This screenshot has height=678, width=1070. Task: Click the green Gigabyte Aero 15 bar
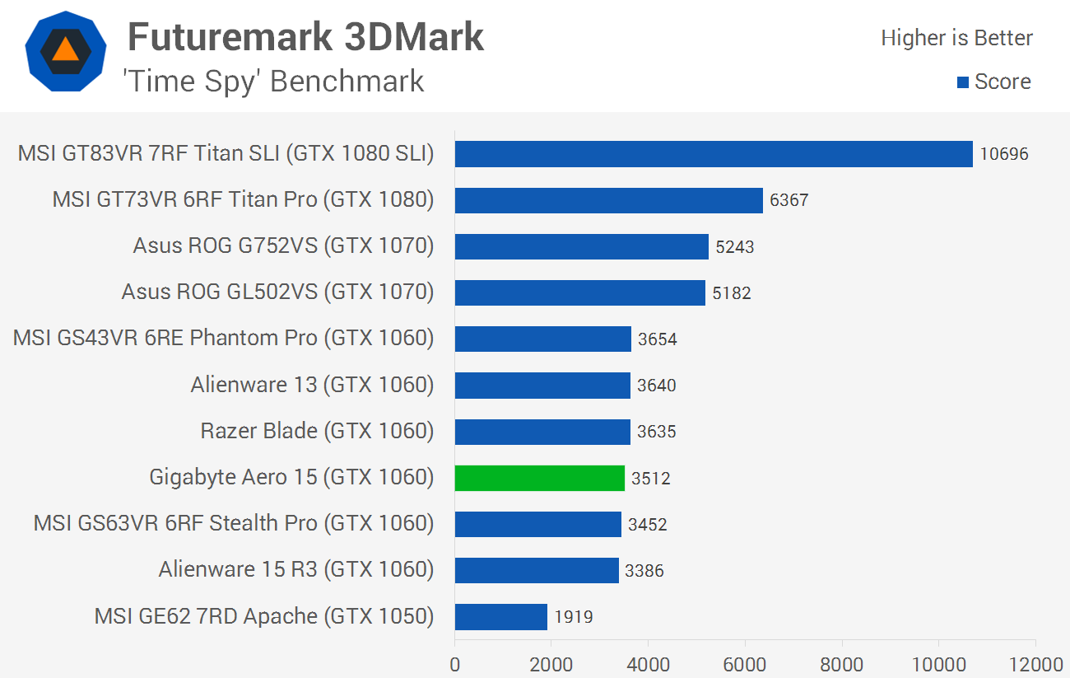click(x=539, y=478)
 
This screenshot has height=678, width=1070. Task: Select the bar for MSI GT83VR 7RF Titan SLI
click(x=714, y=154)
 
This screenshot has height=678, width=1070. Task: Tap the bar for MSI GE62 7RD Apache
click(x=500, y=616)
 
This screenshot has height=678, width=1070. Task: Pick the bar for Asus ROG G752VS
click(x=581, y=246)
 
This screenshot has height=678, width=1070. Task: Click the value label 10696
click(x=1004, y=154)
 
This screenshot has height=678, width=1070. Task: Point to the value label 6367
click(x=789, y=200)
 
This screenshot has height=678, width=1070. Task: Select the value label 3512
click(x=650, y=478)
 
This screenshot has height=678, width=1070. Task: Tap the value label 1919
click(x=573, y=616)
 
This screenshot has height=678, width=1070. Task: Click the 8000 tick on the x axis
click(x=842, y=664)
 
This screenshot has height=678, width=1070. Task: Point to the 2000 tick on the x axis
click(x=551, y=664)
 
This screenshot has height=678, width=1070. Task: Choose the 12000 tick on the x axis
click(x=1035, y=664)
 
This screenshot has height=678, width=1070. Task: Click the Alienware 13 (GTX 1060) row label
click(x=312, y=385)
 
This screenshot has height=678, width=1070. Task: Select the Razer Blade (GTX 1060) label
click(x=317, y=431)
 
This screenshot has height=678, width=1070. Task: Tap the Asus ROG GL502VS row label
click(x=277, y=292)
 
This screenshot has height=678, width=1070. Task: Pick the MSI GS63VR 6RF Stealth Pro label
click(x=234, y=523)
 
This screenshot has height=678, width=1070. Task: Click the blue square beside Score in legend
click(x=963, y=82)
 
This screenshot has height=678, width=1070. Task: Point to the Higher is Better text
click(x=956, y=38)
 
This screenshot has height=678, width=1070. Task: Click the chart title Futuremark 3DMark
click(x=305, y=37)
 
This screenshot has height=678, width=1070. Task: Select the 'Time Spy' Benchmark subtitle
click(x=273, y=82)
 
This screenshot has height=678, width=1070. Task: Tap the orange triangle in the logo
click(x=65, y=50)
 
